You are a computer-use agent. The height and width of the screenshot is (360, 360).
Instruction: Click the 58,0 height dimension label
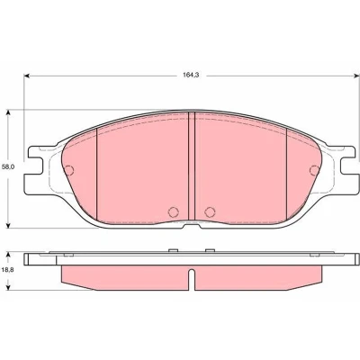click(8, 167)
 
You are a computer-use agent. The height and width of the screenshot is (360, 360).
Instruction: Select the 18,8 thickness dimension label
click(8, 270)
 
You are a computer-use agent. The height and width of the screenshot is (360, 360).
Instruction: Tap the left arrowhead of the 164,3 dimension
click(27, 76)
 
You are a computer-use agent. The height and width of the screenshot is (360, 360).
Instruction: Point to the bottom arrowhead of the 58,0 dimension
click(9, 225)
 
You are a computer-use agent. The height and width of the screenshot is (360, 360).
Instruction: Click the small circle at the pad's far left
click(68, 170)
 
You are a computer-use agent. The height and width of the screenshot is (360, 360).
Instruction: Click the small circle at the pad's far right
click(315, 170)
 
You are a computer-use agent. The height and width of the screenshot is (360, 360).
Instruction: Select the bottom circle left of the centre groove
click(174, 211)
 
